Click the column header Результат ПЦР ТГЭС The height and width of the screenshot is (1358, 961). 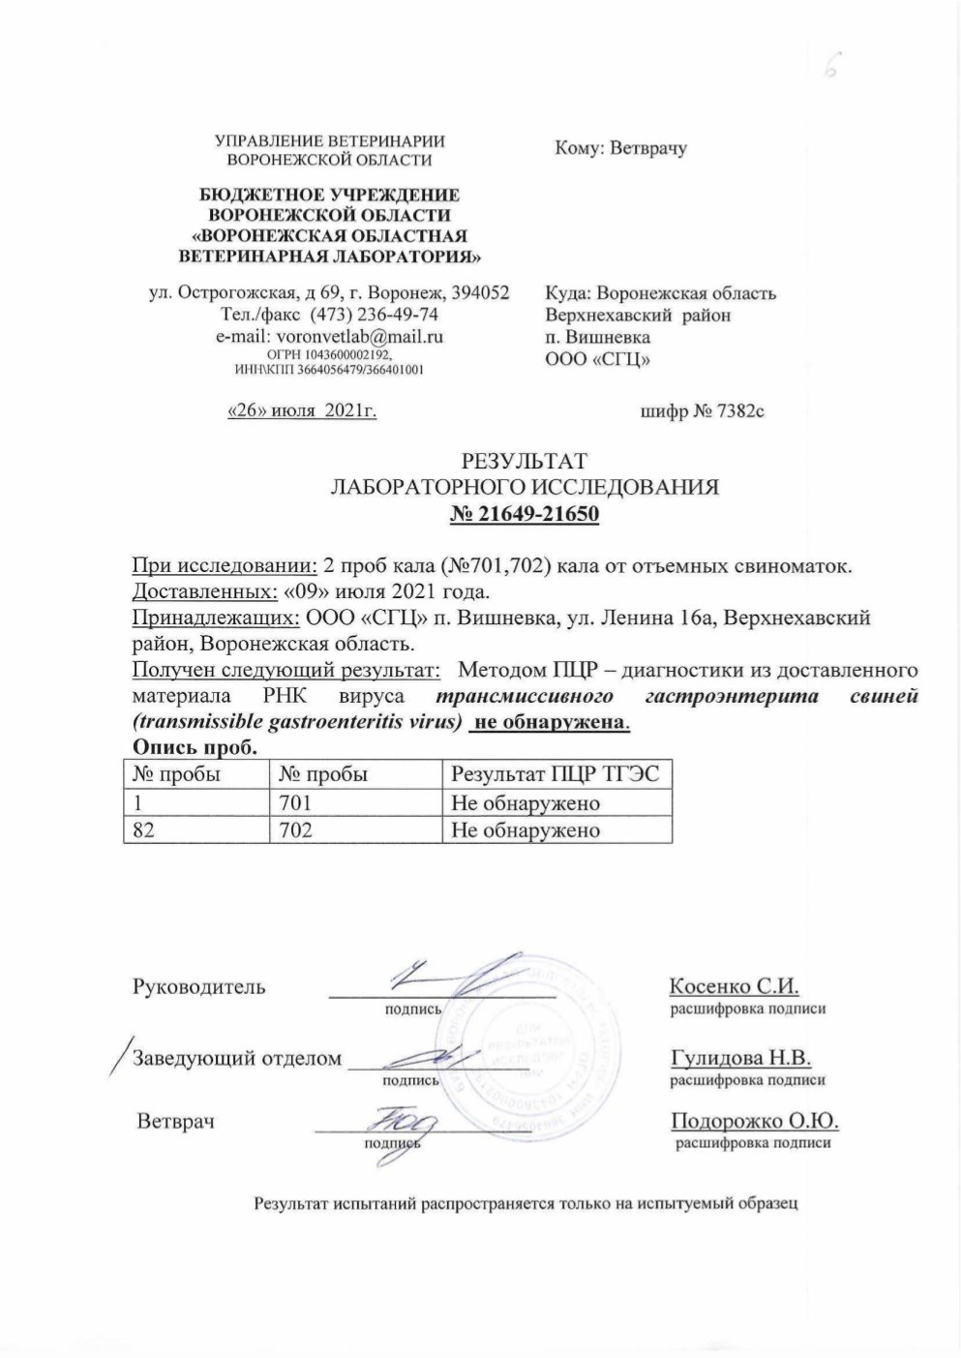tap(556, 774)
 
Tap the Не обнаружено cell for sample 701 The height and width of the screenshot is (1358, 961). tap(526, 802)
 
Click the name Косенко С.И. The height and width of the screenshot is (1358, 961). tap(734, 987)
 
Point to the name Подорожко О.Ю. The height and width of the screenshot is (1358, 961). tap(754, 1122)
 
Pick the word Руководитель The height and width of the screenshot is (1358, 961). tap(198, 987)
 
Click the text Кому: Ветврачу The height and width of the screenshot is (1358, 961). tap(620, 149)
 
